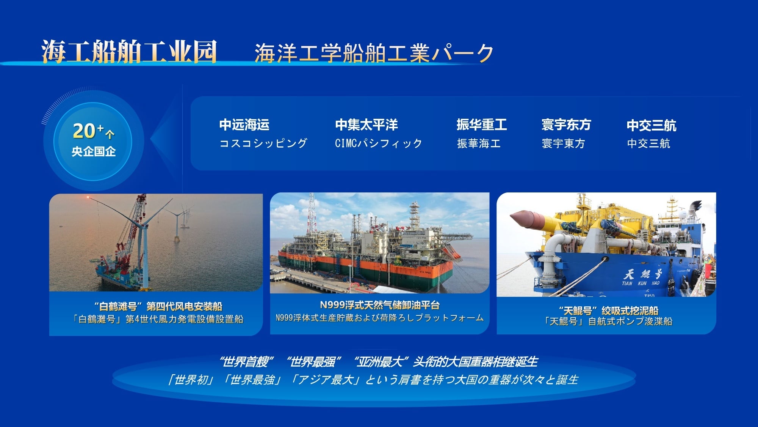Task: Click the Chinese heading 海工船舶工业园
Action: (129, 51)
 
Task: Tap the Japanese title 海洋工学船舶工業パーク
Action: (374, 53)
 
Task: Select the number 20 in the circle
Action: (84, 131)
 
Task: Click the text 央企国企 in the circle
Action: (94, 151)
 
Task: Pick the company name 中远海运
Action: (244, 124)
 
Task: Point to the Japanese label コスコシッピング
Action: (263, 143)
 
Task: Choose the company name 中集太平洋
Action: (366, 124)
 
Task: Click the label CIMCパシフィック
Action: (378, 143)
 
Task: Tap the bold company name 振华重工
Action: (482, 124)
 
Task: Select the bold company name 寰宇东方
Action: (566, 124)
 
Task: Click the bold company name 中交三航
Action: (652, 125)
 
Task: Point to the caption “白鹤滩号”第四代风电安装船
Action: (158, 306)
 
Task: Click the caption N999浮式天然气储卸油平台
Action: (380, 305)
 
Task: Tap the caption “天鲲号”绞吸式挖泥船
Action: (609, 310)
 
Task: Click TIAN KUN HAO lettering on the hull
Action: (641, 283)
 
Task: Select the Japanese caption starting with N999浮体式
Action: (380, 318)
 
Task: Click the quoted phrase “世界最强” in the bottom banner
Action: (314, 362)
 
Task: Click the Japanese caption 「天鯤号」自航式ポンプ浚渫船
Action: (608, 321)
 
